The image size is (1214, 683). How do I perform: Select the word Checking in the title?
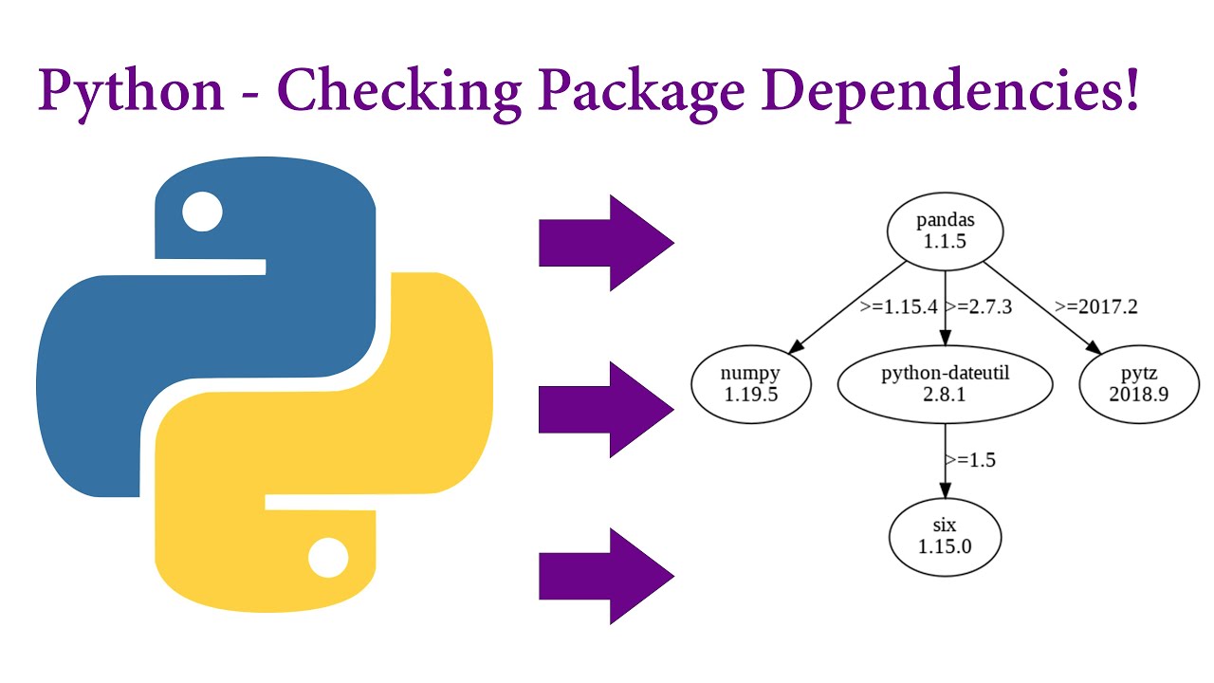click(399, 91)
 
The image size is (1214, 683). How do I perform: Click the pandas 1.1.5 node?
click(945, 231)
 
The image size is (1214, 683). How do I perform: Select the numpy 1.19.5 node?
click(751, 384)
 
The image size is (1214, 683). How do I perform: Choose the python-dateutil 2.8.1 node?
click(946, 384)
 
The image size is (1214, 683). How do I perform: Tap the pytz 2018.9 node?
click(1138, 384)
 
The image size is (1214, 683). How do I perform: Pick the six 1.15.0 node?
click(945, 536)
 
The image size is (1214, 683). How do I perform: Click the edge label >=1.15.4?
click(897, 307)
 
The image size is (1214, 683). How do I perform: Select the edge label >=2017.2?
click(1095, 307)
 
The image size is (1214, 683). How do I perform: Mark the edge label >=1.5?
click(969, 460)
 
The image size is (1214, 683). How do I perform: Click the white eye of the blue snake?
click(202, 212)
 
